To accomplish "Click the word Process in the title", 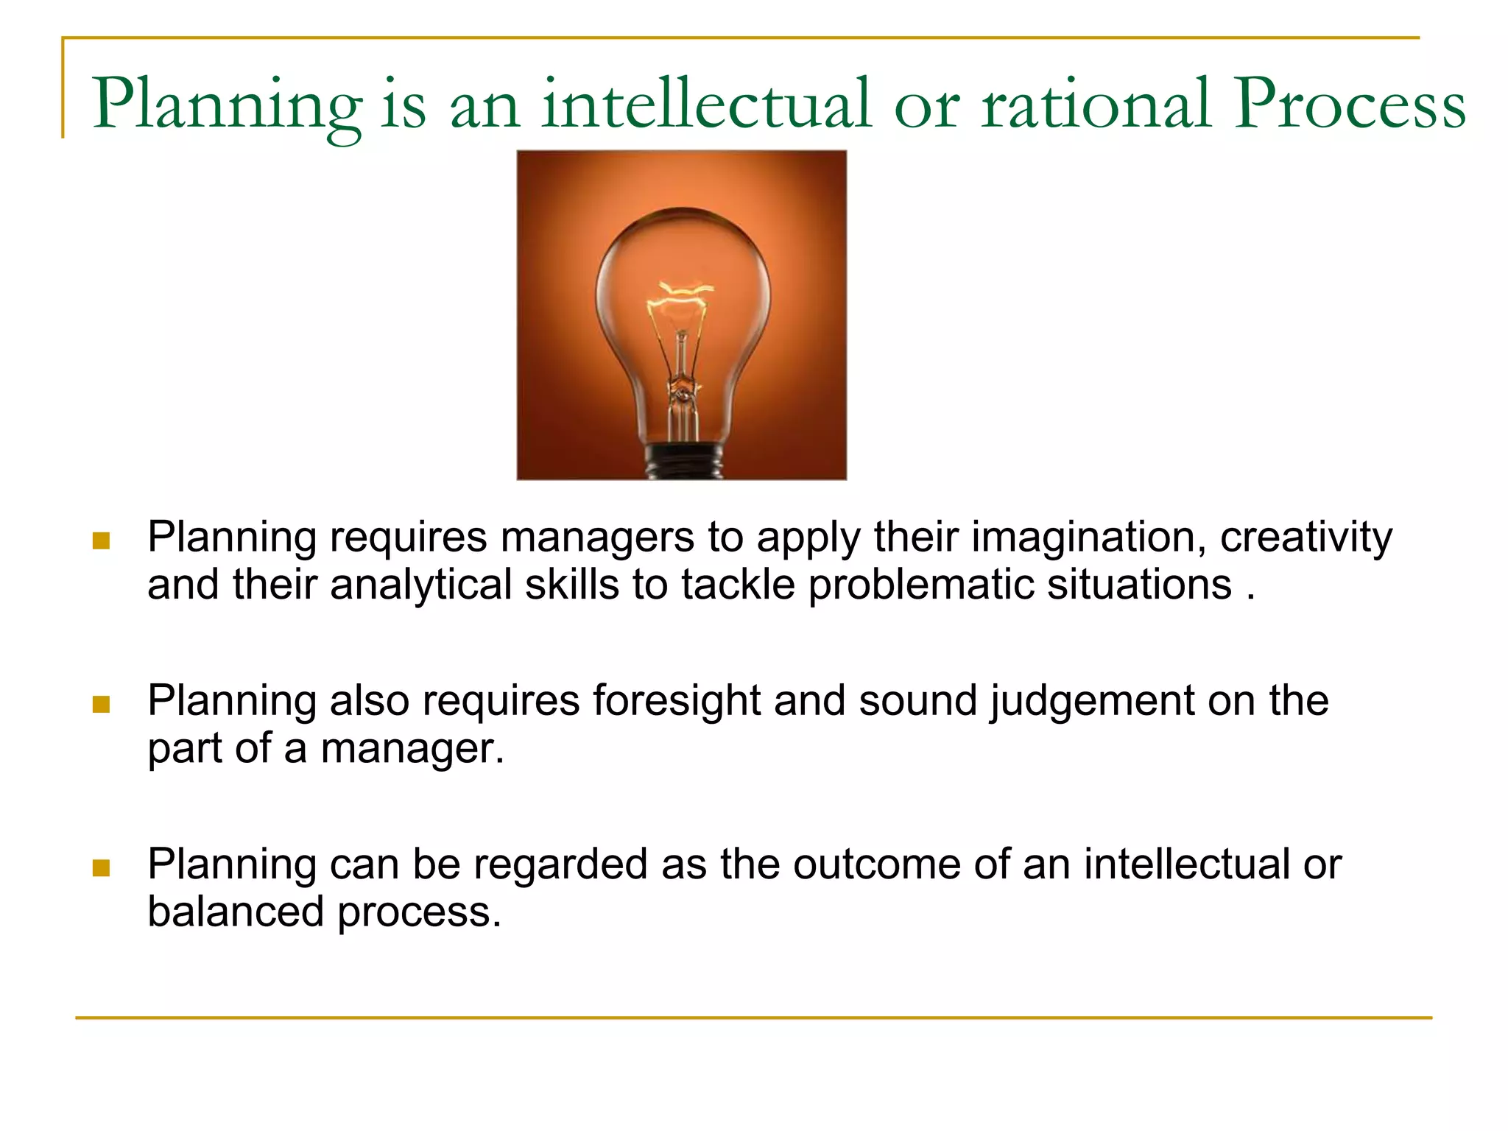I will click(1350, 105).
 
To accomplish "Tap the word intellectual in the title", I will click(707, 105).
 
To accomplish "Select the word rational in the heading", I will click(1096, 105).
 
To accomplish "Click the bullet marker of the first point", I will click(101, 541).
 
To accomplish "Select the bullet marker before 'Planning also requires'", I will click(101, 705).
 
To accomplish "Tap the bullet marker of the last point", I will click(101, 868).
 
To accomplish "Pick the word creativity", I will click(1306, 538).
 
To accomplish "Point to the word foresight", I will click(676, 700).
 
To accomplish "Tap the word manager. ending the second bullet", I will click(412, 749).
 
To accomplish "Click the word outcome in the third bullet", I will click(876, 864).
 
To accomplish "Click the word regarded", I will click(560, 864).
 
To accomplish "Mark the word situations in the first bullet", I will click(1139, 585).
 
